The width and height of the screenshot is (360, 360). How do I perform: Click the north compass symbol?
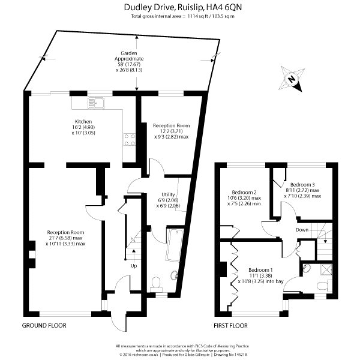pyautogui.click(x=291, y=79)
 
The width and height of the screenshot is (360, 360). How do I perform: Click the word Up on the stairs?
pyautogui.click(x=134, y=266)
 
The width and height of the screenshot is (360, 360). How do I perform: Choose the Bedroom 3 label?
pyautogui.click(x=302, y=184)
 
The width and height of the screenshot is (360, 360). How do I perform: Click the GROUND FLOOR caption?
pyautogui.click(x=44, y=326)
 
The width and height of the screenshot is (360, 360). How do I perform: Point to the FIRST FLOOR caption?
pyautogui.click(x=230, y=326)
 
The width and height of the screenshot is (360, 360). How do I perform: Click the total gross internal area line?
pyautogui.click(x=182, y=16)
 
